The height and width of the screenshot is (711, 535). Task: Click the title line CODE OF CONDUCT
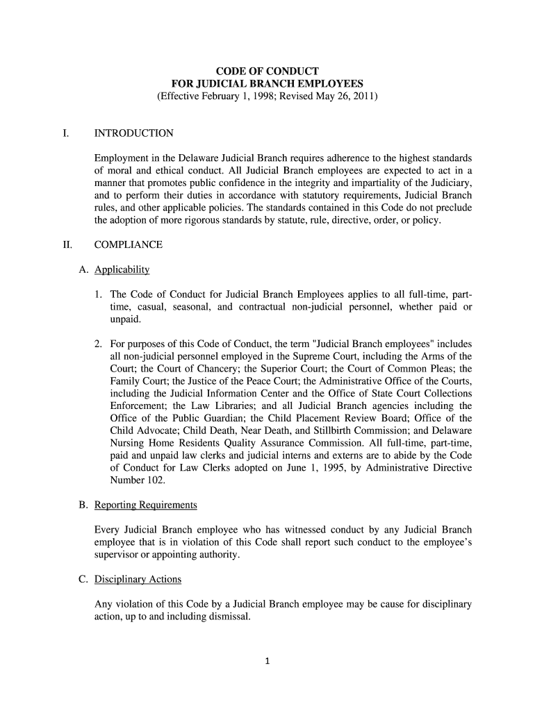pos(267,72)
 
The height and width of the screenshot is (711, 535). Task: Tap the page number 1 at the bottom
pos(267,660)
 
